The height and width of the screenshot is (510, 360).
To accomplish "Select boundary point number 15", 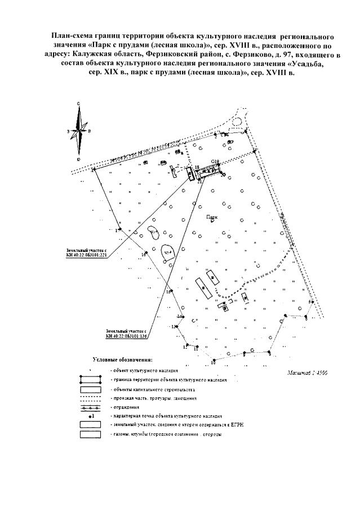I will click(x=169, y=291).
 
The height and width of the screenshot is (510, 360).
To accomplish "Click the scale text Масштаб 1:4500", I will click(x=307, y=373).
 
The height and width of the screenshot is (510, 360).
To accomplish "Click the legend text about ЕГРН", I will click(x=169, y=424).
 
